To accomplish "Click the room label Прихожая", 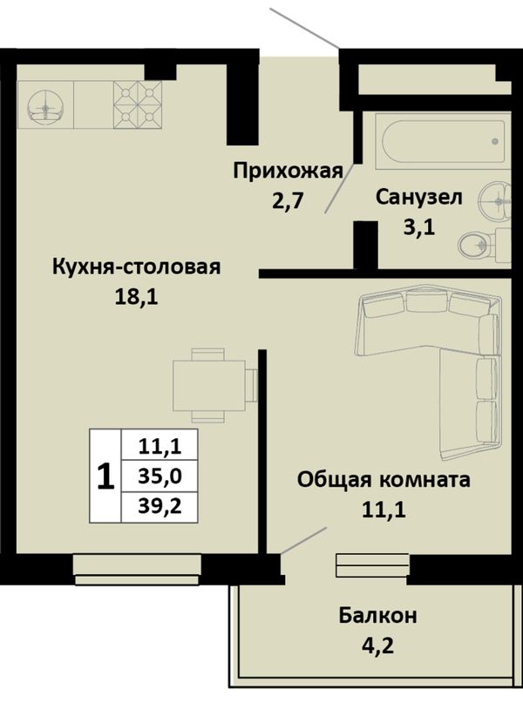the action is [289, 172].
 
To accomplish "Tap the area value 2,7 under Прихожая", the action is [288, 200].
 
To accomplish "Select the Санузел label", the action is [419, 198].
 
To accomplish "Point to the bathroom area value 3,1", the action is [418, 226].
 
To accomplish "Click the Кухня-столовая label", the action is [137, 267].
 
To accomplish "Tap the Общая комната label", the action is [384, 480].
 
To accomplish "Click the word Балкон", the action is [377, 616].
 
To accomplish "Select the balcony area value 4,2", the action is [377, 646].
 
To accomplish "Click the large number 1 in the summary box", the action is [105, 476].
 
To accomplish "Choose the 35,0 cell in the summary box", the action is [160, 476].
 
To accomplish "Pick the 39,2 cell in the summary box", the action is [160, 506].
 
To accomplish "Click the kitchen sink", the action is [45, 105].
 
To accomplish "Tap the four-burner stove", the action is [138, 105].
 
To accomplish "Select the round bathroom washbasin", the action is [495, 200].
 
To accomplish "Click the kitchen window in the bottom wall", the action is [137, 570].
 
